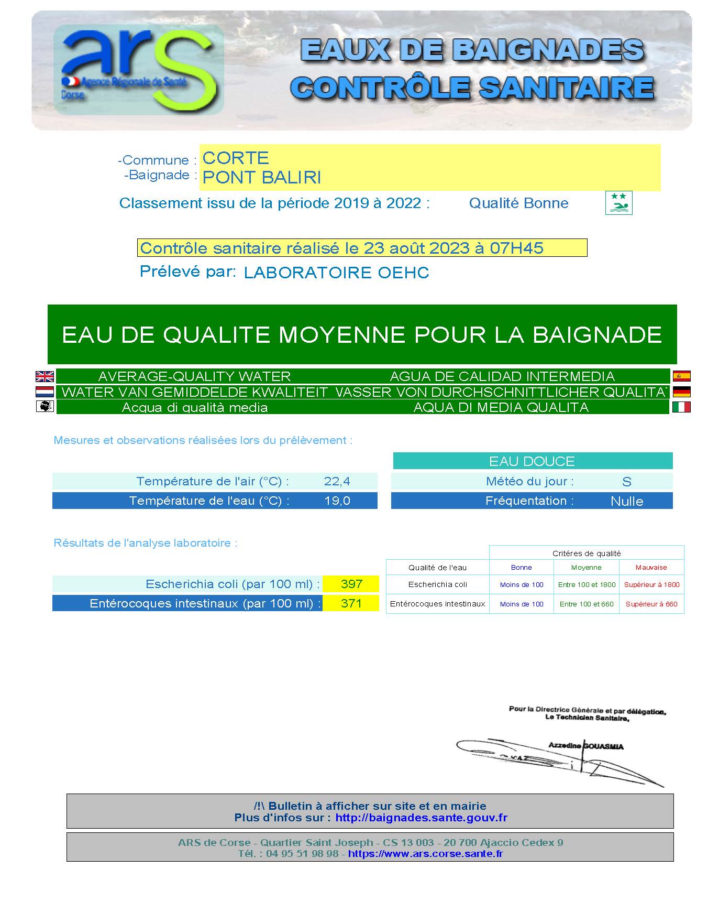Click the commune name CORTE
coord(236,158)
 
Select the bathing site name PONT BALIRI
coord(261,178)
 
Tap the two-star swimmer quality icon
coord(618,203)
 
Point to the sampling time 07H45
coord(516,248)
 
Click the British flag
coord(45,376)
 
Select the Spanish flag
coord(681,376)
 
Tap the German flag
coord(681,392)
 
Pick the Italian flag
coord(681,407)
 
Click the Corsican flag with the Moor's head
coord(45,406)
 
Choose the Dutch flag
coord(45,392)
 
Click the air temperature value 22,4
coord(337,481)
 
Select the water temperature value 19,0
coord(337,501)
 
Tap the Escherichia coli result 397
coord(351,584)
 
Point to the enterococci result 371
coord(351,603)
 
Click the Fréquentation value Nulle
coord(627,501)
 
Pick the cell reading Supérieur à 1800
coord(651,584)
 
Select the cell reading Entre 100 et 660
coord(587,604)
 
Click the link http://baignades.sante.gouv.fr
coord(422,818)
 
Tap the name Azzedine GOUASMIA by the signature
coord(586,746)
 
